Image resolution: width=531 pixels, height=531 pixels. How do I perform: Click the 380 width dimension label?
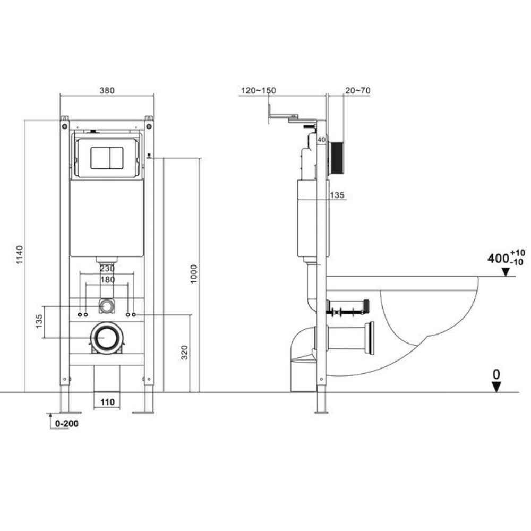[x=107, y=90]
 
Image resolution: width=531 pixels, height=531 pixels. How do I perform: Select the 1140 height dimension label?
[x=20, y=255]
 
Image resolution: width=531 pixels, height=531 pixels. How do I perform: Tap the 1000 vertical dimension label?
[x=193, y=274]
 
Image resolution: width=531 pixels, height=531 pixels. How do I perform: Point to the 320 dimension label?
[x=184, y=352]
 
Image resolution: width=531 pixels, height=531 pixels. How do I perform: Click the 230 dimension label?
[x=107, y=269]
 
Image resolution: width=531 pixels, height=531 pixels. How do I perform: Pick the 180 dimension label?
[x=107, y=280]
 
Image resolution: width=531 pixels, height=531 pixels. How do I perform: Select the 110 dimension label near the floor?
[x=107, y=402]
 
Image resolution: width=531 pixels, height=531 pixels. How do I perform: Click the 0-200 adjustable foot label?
[x=67, y=424]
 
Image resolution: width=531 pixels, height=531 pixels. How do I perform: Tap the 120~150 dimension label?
[x=259, y=90]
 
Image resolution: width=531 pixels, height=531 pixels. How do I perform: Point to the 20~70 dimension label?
[x=357, y=90]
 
